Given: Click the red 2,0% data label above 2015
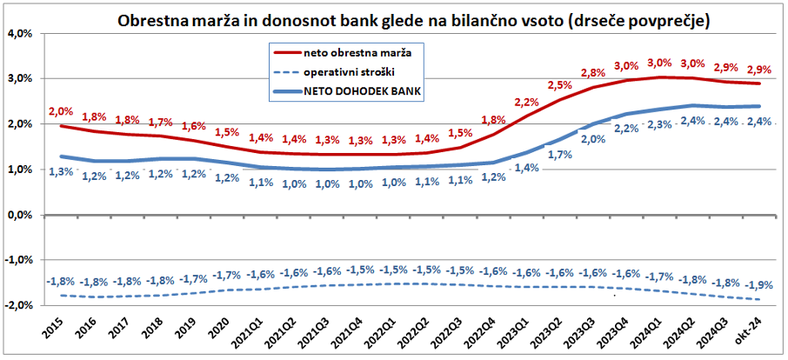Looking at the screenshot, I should [x=61, y=112].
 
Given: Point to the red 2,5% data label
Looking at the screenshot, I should [x=559, y=85].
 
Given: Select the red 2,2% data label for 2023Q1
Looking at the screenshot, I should [x=526, y=103].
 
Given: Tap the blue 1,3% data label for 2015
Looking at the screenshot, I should [x=61, y=171].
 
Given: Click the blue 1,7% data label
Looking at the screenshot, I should [x=559, y=156].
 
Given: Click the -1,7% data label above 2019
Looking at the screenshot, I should [x=192, y=280].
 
